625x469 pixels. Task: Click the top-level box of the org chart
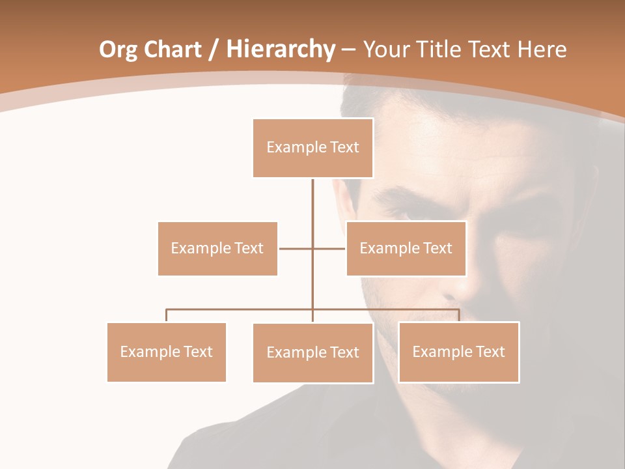313,148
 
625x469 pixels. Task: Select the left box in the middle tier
217,248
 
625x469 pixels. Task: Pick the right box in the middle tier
406,248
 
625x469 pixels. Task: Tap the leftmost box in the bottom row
167,352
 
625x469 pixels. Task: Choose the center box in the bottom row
313,352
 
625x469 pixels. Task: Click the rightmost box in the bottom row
459,352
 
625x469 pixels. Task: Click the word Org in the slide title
117,50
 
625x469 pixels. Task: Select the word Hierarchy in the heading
280,50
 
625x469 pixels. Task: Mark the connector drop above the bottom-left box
167,315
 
